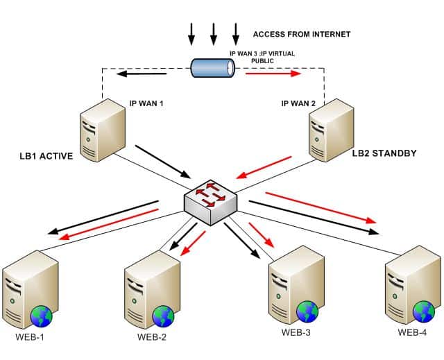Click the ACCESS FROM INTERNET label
[x=302, y=34]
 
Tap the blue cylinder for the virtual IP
[x=213, y=68]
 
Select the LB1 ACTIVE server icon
[x=102, y=130]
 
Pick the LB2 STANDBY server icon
[x=332, y=130]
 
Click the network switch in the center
[x=210, y=203]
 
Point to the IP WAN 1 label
[x=146, y=103]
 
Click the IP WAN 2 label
[x=298, y=103]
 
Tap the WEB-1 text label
[x=30, y=337]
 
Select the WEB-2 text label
[x=152, y=337]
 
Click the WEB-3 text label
[x=296, y=332]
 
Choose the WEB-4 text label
[x=412, y=332]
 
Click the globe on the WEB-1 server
[x=42, y=316]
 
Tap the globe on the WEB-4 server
[x=424, y=311]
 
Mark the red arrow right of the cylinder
[x=273, y=74]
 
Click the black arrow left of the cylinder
[x=142, y=74]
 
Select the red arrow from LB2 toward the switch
[x=264, y=167]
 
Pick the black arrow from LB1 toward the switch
[x=163, y=162]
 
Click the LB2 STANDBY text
[x=384, y=153]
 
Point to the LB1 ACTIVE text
[x=46, y=156]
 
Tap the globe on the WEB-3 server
[x=307, y=311]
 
